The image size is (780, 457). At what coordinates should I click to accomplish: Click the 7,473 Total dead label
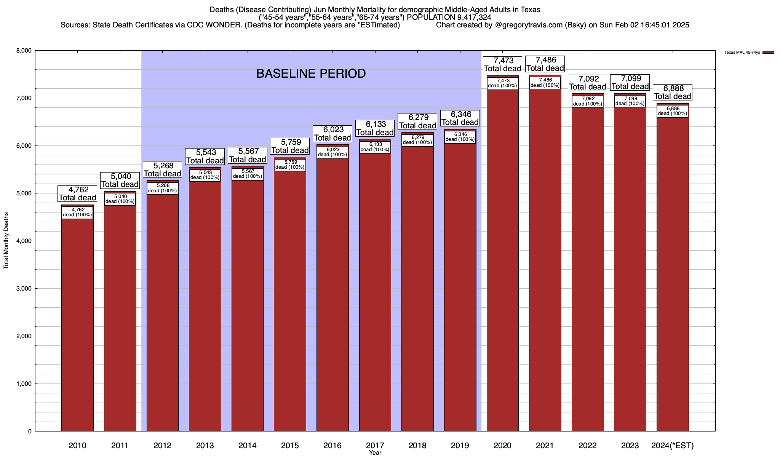[x=502, y=65]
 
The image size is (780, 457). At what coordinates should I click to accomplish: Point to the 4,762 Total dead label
[x=77, y=194]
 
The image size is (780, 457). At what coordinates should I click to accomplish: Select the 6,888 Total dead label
[x=673, y=93]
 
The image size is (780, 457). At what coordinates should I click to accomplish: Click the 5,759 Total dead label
[x=290, y=147]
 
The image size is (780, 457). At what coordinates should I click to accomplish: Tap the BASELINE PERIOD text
[x=311, y=74]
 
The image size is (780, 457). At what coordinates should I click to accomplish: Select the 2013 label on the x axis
[x=205, y=446]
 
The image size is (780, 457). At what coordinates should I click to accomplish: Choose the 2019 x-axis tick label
[x=460, y=446]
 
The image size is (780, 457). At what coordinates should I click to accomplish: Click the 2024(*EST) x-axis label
[x=673, y=446]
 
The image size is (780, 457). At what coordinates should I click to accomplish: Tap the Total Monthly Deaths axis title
[x=6, y=241]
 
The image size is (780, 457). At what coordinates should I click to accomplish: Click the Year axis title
[x=375, y=453]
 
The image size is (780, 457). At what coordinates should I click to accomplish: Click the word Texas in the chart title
[x=531, y=10]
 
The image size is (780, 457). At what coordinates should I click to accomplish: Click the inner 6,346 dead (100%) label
[x=460, y=137]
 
